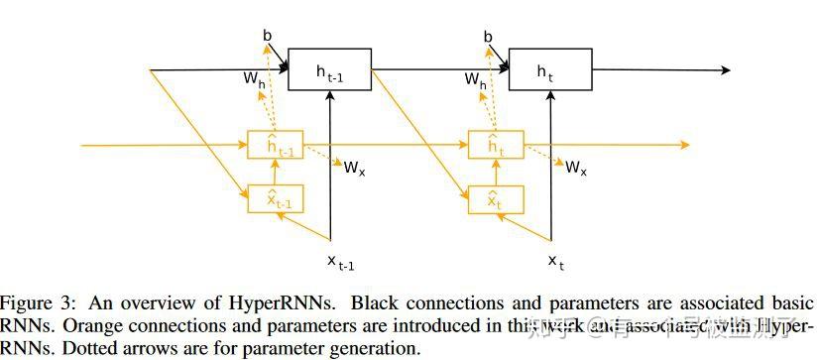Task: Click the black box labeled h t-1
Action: click(x=330, y=69)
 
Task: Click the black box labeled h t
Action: click(x=550, y=69)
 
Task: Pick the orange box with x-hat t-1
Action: click(x=277, y=199)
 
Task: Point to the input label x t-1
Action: click(x=341, y=261)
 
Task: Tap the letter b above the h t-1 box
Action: click(x=268, y=36)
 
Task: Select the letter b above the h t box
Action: click(x=488, y=36)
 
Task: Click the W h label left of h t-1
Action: click(x=255, y=79)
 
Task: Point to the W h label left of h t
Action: click(x=475, y=79)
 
